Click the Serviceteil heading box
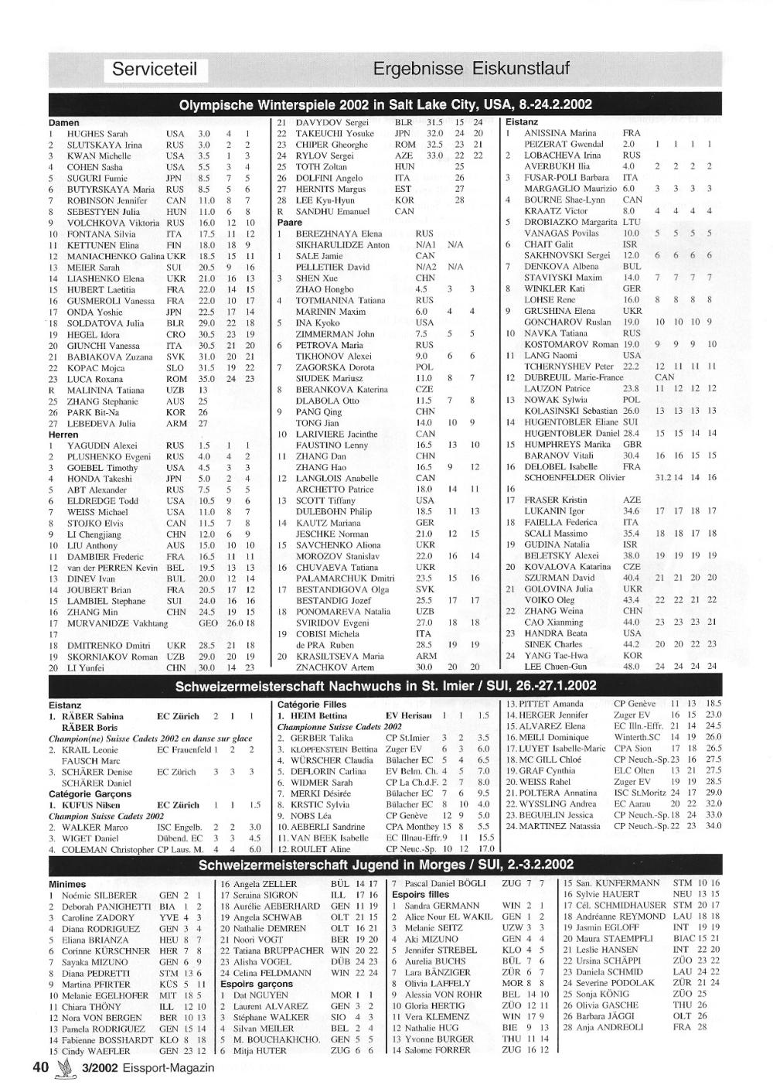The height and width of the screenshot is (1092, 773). [x=155, y=69]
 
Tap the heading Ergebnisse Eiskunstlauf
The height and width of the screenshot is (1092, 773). [x=471, y=69]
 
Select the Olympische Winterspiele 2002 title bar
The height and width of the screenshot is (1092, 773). [x=386, y=105]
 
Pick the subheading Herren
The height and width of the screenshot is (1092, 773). [x=63, y=435]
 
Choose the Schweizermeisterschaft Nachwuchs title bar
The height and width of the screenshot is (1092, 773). [x=386, y=686]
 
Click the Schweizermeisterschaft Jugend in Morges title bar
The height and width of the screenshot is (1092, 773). [x=386, y=865]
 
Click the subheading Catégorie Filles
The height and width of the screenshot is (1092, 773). [x=312, y=705]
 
